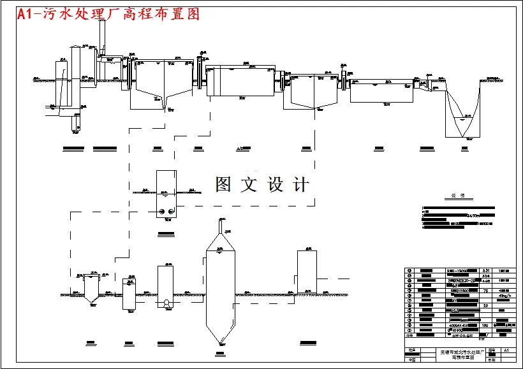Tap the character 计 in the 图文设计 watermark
[x=301, y=185]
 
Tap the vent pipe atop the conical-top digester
[x=221, y=225]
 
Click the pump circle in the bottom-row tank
[x=166, y=304]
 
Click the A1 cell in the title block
[x=506, y=351]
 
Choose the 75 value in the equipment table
[x=486, y=290]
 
